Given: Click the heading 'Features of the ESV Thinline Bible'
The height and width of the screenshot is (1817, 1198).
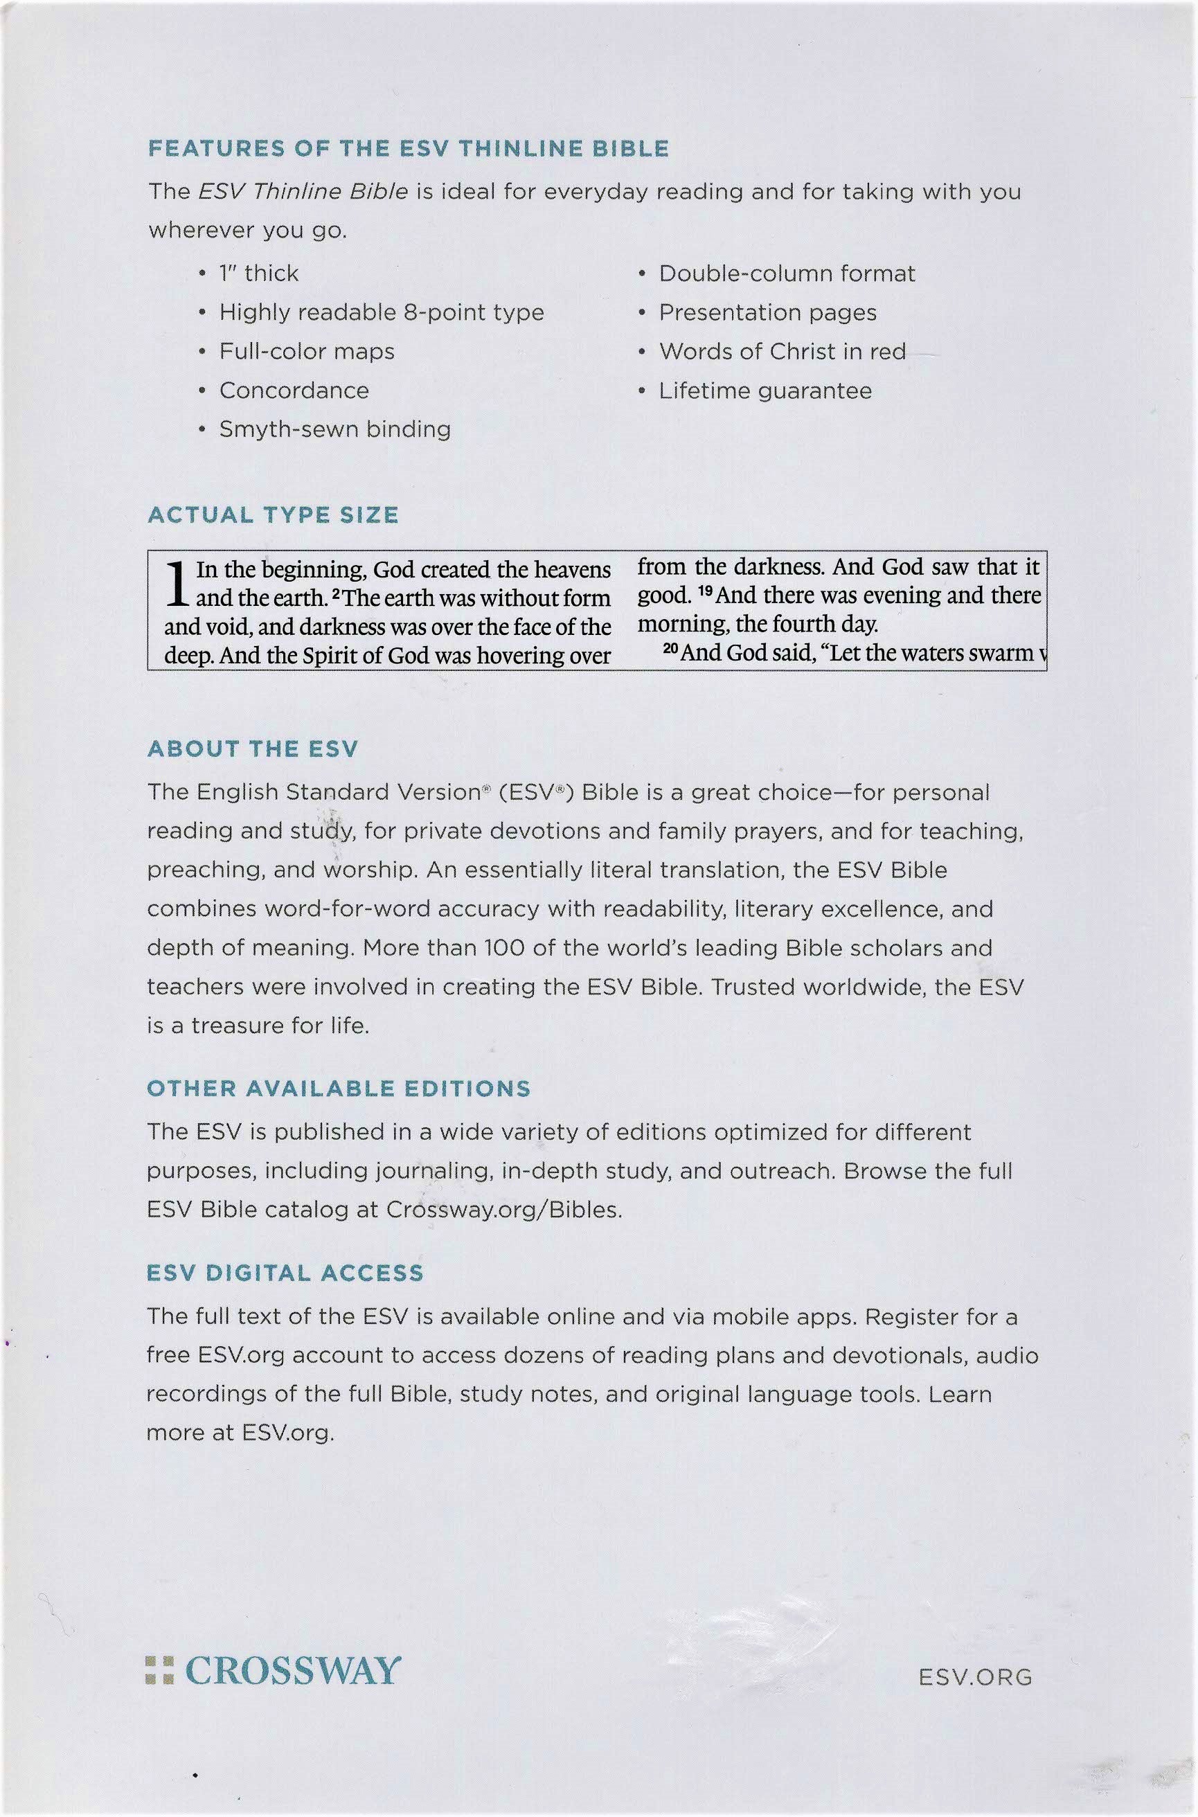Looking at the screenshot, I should pyautogui.click(x=408, y=148).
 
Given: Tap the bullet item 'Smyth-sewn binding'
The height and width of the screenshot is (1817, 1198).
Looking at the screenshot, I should pyautogui.click(x=334, y=429).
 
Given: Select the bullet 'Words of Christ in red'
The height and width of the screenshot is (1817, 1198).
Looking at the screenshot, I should pyautogui.click(x=782, y=351).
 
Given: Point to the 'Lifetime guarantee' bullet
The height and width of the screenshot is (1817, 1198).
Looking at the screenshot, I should pyautogui.click(x=765, y=391).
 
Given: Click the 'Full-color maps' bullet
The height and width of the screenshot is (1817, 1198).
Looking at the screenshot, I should pyautogui.click(x=306, y=351).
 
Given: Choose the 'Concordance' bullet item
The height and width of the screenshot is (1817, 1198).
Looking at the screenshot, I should pyautogui.click(x=294, y=391).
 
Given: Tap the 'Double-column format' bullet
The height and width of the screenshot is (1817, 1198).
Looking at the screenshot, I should pyautogui.click(x=786, y=274).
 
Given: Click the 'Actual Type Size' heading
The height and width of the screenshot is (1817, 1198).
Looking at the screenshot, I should pyautogui.click(x=273, y=516).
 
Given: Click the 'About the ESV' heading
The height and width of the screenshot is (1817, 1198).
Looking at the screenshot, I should pyautogui.click(x=252, y=749).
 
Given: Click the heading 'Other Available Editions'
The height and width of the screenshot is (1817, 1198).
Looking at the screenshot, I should pyautogui.click(x=339, y=1089).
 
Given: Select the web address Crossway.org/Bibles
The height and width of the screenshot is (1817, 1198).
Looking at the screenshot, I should pyautogui.click(x=503, y=1210).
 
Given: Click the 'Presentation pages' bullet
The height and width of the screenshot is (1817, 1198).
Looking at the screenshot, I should pyautogui.click(x=767, y=312).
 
